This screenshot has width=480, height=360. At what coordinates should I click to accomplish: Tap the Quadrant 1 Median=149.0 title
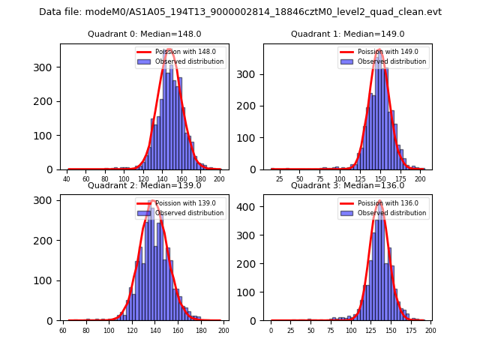(347, 34)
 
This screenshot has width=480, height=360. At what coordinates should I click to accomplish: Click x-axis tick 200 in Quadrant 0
(218, 179)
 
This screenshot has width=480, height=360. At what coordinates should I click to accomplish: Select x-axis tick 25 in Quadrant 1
(279, 179)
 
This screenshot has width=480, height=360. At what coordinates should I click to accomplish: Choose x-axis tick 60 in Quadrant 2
(63, 331)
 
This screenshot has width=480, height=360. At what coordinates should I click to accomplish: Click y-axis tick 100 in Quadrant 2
(46, 280)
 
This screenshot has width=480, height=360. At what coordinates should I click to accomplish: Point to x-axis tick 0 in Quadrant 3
(271, 331)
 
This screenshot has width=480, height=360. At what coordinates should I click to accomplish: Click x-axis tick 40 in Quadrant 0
(67, 179)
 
